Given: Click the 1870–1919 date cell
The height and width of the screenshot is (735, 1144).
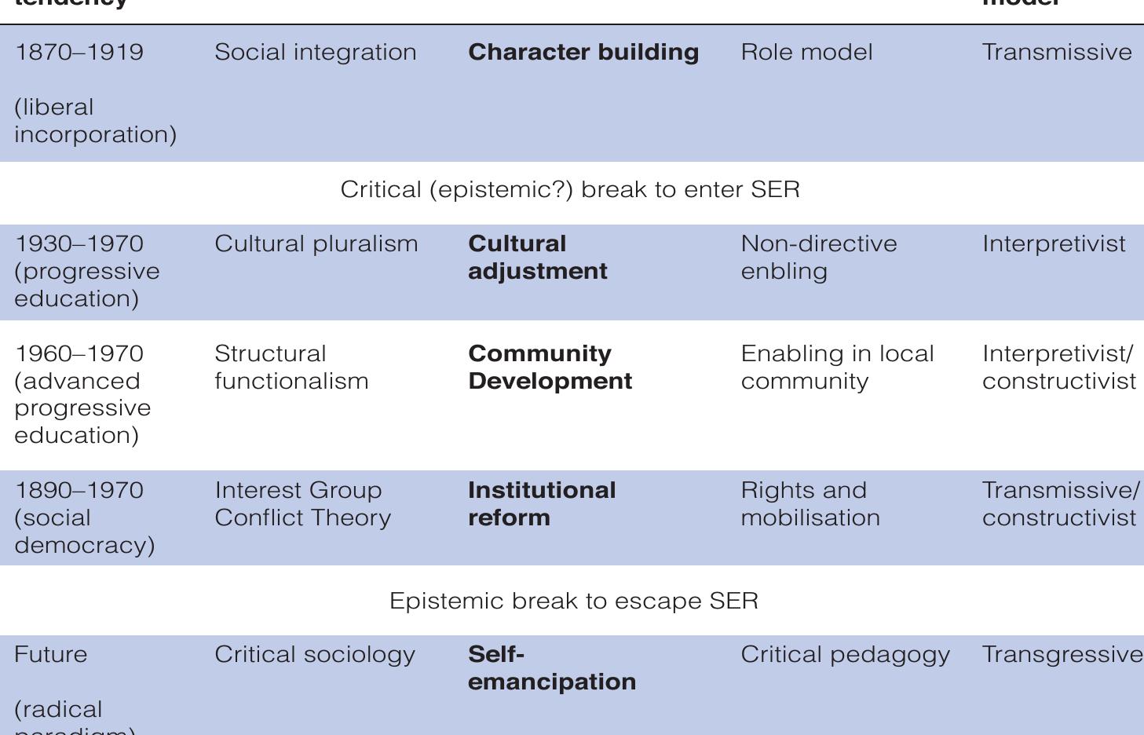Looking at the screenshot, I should [x=79, y=53].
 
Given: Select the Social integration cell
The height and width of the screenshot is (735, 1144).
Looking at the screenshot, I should [x=316, y=53].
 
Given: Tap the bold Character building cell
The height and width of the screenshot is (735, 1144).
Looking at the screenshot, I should [x=583, y=53].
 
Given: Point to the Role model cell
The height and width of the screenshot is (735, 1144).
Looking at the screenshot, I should [x=806, y=53].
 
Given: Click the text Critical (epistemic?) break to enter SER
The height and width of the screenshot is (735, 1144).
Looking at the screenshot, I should [x=570, y=190].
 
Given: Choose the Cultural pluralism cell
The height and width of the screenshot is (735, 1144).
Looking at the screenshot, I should [x=316, y=244].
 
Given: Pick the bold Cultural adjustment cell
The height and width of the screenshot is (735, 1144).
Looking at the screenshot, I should [x=538, y=258].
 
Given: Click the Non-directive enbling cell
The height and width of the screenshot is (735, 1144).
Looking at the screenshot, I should [x=819, y=258].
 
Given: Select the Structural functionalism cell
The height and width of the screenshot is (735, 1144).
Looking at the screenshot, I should [x=291, y=367].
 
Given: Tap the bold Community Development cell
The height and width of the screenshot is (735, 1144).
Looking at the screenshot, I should [x=550, y=367].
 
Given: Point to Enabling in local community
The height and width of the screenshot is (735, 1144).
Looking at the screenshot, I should [x=837, y=367].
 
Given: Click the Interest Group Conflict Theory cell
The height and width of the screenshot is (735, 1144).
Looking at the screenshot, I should [x=302, y=504].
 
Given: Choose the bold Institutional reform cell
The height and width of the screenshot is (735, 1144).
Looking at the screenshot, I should [x=542, y=504].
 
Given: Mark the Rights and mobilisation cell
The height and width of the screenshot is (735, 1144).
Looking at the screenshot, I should [x=810, y=504].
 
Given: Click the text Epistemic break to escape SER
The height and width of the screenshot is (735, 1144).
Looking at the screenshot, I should [x=574, y=602].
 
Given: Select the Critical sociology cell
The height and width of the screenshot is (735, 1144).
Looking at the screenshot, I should [x=315, y=655].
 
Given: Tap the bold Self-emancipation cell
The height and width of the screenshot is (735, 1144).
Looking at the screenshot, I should [x=552, y=668].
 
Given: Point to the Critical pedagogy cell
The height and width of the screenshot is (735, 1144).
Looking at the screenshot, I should [x=845, y=655].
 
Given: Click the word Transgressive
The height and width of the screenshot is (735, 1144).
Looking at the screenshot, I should [x=1062, y=655].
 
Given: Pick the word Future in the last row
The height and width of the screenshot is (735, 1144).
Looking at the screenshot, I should [x=51, y=655].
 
